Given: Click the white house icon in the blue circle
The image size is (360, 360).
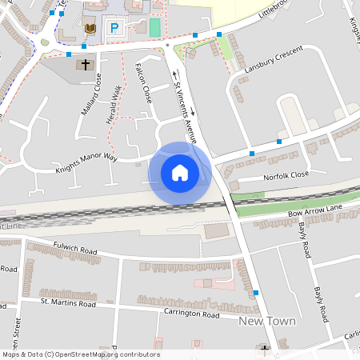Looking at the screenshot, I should (180, 172).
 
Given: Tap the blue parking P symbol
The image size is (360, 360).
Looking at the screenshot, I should (114, 28).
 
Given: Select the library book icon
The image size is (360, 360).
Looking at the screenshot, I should (90, 29).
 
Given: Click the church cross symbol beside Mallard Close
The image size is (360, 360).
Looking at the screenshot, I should (86, 64).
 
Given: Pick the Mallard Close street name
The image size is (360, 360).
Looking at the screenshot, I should (91, 94).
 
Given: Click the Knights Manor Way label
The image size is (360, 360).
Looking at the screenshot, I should (86, 164).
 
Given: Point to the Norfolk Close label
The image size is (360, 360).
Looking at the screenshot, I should (284, 175).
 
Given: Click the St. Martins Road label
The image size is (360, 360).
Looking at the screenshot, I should (68, 303).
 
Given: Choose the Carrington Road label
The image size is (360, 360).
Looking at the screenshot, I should (190, 314).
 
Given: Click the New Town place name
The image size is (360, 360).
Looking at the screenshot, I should (267, 321).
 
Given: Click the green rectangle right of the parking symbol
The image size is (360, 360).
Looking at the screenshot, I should (154, 26).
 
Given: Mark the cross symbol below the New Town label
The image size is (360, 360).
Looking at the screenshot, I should (265, 348).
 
